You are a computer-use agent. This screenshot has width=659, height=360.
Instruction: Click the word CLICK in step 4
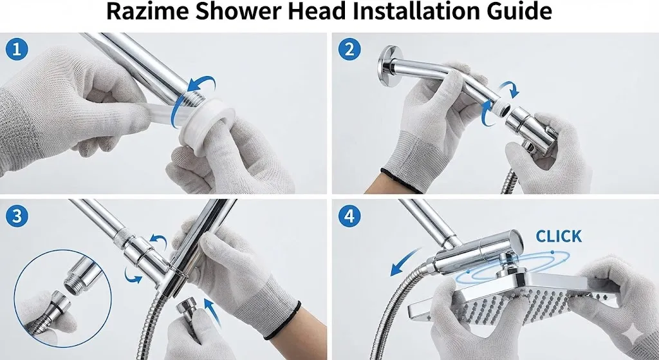559,236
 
